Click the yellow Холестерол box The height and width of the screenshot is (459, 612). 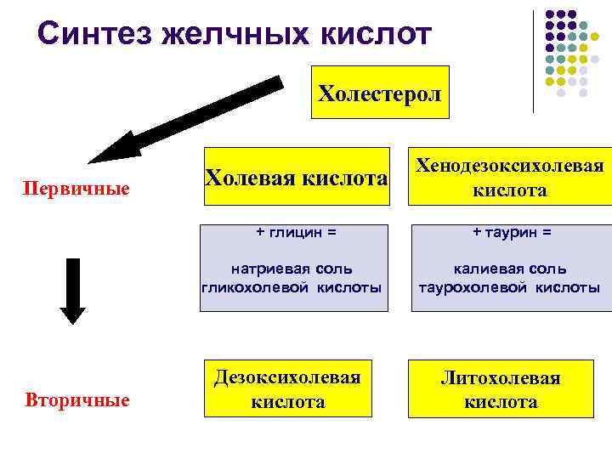click(380, 93)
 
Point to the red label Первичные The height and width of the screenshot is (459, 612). click(76, 187)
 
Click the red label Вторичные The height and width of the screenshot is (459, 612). click(77, 399)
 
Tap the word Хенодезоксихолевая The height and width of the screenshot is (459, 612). click(509, 166)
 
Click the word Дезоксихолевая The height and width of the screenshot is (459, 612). click(288, 377)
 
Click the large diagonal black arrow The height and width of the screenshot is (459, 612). click(187, 120)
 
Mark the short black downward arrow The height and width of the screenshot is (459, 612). click(73, 290)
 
